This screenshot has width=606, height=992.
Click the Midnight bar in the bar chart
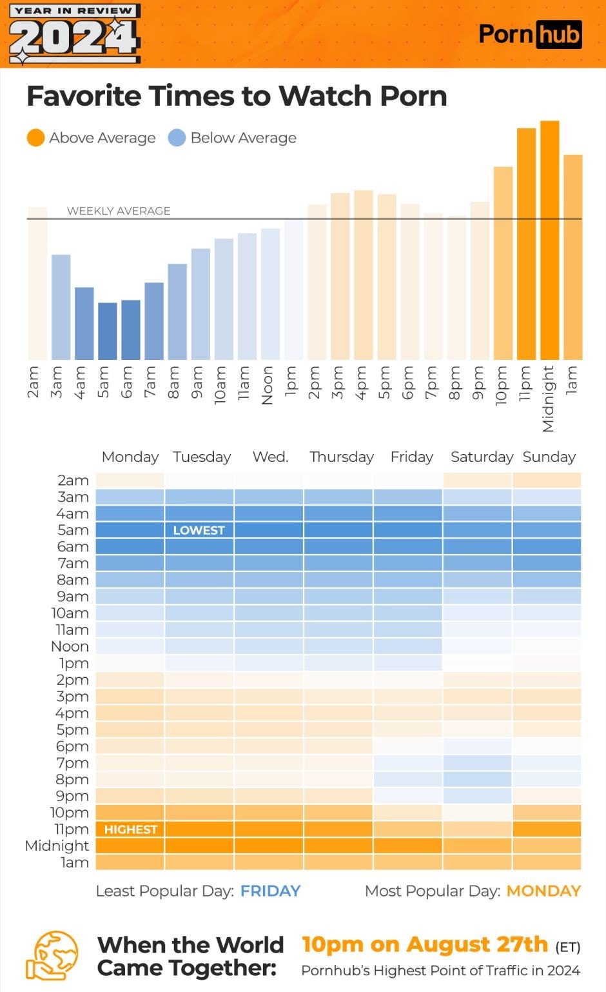coord(550,240)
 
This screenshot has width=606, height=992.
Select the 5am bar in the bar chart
coord(108,332)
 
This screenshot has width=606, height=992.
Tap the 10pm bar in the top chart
coord(503,263)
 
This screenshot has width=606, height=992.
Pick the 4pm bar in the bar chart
coord(364,275)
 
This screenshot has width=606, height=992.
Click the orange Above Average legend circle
coord(35,138)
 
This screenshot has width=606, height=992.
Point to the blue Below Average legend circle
coord(177,138)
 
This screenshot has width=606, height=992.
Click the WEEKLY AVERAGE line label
coord(119,211)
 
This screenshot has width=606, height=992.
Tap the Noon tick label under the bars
coord(267,385)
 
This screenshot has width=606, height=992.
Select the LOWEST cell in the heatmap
coord(199,530)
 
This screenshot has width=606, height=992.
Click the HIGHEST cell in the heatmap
coord(130,829)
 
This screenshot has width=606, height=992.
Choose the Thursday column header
coord(341,457)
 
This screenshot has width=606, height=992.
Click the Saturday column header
coord(482,457)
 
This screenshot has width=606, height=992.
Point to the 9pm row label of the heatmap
coord(72,797)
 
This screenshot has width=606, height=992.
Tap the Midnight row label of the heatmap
coord(57,846)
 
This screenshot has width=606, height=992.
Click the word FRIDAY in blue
coord(271,891)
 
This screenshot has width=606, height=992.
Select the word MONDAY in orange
coord(543,891)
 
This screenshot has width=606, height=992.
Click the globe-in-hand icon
coord(52,955)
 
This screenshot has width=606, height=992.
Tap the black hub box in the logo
coord(559,35)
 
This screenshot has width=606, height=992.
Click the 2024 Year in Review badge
coord(74,34)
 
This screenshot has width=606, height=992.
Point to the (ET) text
coord(567,947)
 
